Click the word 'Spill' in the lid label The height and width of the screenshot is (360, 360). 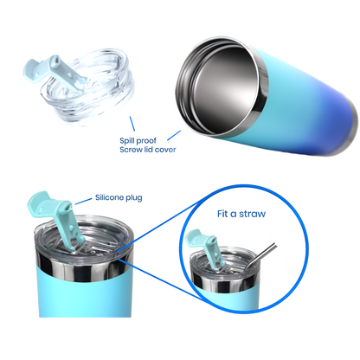(126, 141)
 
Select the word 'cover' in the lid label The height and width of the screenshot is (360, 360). (165, 150)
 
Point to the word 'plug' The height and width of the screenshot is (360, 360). (134, 198)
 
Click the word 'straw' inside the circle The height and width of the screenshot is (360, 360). (253, 214)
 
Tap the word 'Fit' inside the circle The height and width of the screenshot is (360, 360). (222, 214)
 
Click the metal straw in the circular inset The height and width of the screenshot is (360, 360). (261, 255)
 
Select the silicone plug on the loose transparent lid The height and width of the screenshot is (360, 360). (54, 70)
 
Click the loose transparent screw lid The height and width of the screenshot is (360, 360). (87, 87)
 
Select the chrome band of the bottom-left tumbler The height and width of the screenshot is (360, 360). (84, 266)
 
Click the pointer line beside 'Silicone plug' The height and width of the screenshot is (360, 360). (83, 201)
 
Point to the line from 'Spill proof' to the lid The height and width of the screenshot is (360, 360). (132, 124)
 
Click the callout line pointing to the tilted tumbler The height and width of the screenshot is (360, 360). (174, 136)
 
